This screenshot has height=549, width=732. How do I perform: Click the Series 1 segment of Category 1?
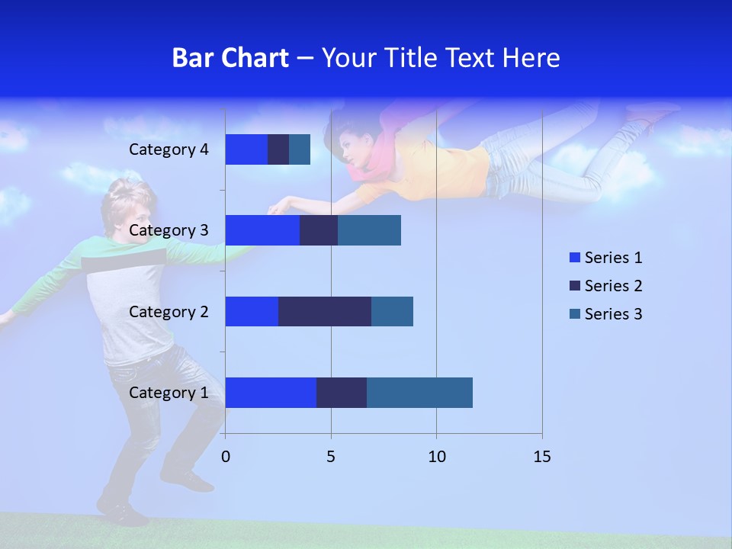click(x=271, y=393)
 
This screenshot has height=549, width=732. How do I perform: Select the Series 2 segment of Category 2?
click(x=325, y=311)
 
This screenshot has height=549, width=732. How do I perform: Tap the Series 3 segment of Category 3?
click(x=369, y=230)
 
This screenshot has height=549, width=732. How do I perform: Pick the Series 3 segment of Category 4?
click(x=300, y=149)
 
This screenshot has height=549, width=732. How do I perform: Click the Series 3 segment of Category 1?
click(x=419, y=393)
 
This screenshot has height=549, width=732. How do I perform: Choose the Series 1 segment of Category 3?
click(x=262, y=230)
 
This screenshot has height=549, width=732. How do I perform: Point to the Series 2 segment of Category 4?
click(x=278, y=149)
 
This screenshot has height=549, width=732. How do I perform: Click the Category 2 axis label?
click(x=169, y=311)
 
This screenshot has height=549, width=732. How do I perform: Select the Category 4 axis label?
click(x=169, y=149)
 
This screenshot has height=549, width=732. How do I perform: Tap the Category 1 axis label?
click(x=169, y=393)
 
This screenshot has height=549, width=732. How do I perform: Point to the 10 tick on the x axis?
click(x=436, y=457)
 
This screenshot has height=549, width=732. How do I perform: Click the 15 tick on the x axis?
click(x=541, y=457)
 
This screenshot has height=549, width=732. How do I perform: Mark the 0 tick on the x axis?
click(x=226, y=457)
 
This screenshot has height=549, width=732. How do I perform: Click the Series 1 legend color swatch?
click(x=574, y=258)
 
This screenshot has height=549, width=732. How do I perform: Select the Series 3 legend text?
click(x=613, y=314)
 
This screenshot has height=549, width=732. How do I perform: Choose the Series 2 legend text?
click(x=613, y=286)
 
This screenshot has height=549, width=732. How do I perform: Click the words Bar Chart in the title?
click(x=230, y=58)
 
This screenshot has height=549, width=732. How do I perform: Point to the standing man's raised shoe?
click(x=187, y=479)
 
